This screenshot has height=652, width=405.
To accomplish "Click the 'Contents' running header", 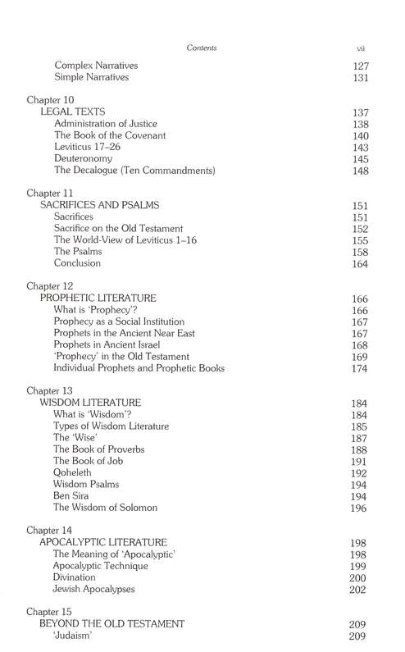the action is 202,48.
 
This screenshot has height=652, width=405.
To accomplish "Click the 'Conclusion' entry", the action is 78,263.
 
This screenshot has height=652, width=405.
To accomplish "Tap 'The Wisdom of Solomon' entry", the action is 105,508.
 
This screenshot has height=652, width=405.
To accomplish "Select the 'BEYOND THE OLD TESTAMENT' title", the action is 112,624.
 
